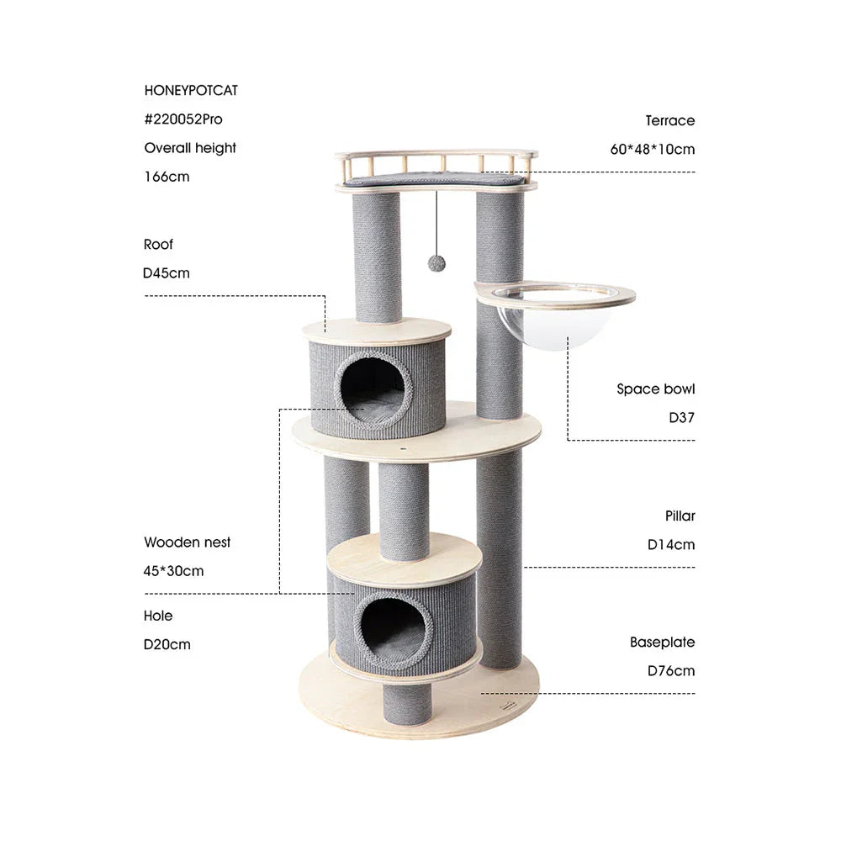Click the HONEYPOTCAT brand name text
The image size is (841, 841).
tap(190, 90)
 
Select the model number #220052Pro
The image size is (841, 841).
tap(183, 119)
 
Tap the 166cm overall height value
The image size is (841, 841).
tap(167, 177)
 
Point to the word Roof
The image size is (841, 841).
tap(158, 245)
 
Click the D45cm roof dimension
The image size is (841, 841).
tap(167, 273)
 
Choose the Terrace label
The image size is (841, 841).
tap(670, 120)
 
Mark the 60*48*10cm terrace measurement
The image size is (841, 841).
tap(653, 150)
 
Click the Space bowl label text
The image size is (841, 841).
tap(656, 389)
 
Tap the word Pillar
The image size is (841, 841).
tap(680, 516)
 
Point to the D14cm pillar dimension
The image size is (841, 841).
tap(671, 544)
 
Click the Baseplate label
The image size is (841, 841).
tap(663, 643)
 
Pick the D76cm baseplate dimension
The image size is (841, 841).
tap(671, 671)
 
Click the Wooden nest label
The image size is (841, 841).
tap(187, 542)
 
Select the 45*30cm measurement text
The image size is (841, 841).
tap(173, 571)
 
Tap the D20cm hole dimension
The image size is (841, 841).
tap(167, 645)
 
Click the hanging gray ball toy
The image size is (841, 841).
tap(436, 263)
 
